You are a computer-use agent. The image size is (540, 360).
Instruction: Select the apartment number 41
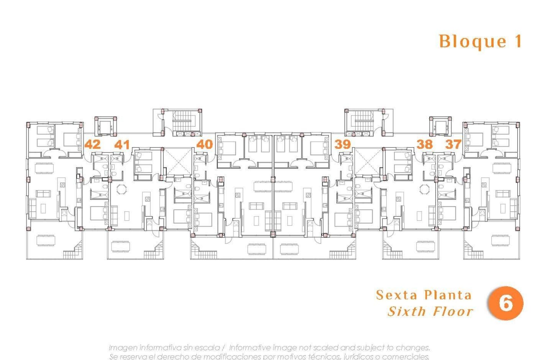pyautogui.click(x=122, y=145)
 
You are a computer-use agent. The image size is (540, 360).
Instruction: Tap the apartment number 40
pyautogui.click(x=204, y=144)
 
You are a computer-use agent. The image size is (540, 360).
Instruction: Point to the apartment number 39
pyautogui.click(x=342, y=144)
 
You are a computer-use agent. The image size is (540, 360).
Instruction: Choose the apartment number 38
pyautogui.click(x=424, y=144)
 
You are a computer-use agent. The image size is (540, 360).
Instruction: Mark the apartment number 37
pyautogui.click(x=453, y=144)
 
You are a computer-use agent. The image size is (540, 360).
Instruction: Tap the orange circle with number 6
pyautogui.click(x=505, y=303)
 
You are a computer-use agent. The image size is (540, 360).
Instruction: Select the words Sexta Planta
pyautogui.click(x=424, y=295)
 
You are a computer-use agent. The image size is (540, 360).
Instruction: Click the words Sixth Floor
pyautogui.click(x=430, y=311)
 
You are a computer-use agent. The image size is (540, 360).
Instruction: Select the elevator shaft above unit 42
pyautogui.click(x=105, y=127)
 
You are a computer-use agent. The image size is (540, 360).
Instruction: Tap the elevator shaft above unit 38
pyautogui.click(x=440, y=127)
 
